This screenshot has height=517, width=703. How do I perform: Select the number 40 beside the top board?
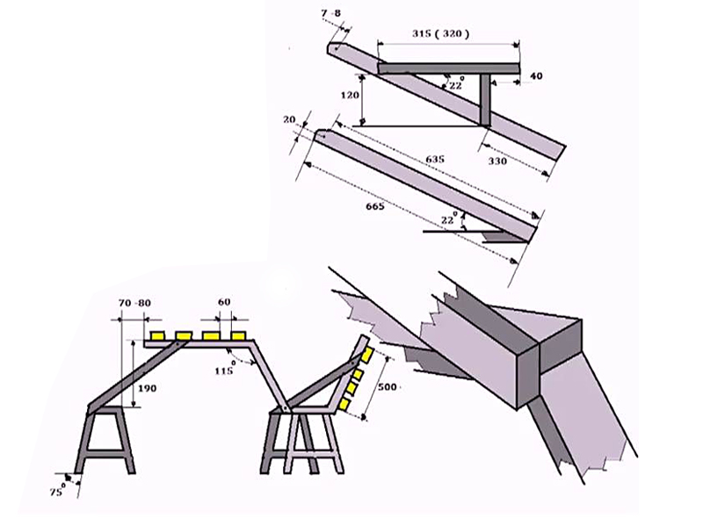coord(536,76)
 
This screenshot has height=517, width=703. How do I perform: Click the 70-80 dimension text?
coord(134,303)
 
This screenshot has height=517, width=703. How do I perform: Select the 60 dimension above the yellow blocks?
coord(223,303)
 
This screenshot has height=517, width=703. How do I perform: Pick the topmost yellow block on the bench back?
coord(366,355)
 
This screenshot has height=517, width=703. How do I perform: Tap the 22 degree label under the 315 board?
coord(455,84)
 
